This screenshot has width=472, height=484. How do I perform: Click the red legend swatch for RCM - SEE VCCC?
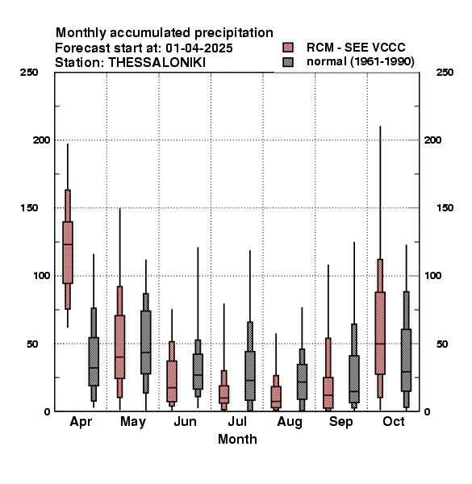288,48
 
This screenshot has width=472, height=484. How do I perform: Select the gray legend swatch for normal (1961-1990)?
288,62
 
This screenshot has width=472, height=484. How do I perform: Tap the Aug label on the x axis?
289,422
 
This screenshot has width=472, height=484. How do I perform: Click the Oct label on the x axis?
394,421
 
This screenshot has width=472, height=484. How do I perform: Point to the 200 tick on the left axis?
41,140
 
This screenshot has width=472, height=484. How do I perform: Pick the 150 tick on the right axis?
445,208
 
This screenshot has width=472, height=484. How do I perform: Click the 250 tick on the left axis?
29,73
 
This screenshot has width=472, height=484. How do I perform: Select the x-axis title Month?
237,439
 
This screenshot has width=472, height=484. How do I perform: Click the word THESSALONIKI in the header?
157,62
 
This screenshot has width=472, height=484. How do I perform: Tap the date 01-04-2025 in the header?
199,48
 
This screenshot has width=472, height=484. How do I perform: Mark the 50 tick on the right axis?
442,344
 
